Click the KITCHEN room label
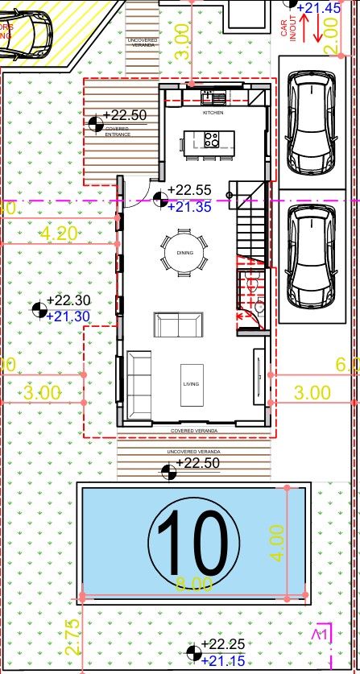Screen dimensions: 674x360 click(213, 114)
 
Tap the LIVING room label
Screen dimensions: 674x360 click(190, 384)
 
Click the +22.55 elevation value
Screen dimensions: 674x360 click(189, 191)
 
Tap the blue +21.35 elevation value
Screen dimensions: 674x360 click(189, 207)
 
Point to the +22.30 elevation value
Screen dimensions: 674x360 click(68, 300)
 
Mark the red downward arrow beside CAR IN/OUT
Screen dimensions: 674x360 click(319, 29)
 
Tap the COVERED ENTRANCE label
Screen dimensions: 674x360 click(118, 131)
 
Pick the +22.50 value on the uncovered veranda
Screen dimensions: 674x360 click(197, 463)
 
